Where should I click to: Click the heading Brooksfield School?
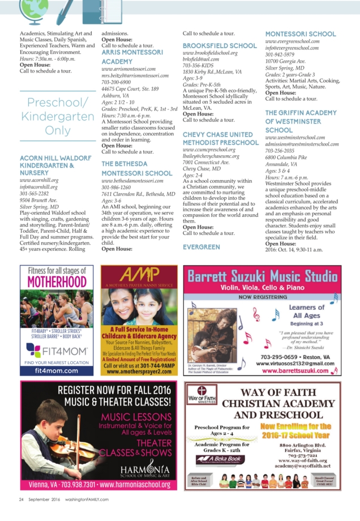(x=219, y=45)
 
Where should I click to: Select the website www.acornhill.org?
(x=39, y=180)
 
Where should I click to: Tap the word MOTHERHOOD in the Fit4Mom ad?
(x=57, y=282)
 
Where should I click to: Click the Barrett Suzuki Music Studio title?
(x=262, y=277)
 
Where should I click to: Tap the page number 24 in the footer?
(x=21, y=499)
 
